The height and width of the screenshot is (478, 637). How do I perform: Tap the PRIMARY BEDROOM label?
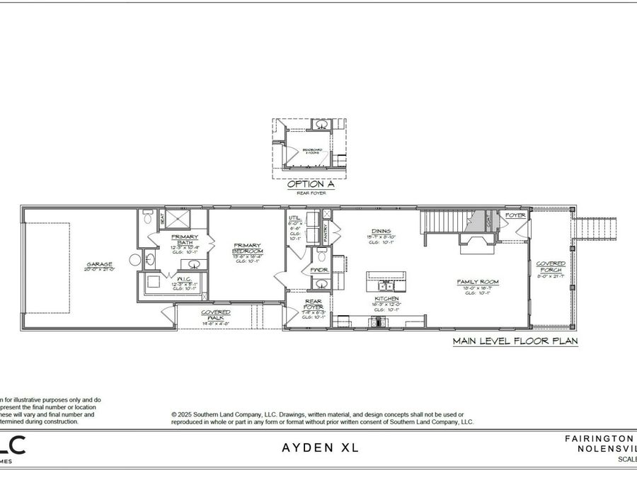click(248, 249)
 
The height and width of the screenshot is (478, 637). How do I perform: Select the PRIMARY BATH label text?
click(184, 239)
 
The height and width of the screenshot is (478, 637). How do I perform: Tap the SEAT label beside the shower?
click(161, 218)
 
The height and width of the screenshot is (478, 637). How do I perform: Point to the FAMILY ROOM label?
click(478, 282)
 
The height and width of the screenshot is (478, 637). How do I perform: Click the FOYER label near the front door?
click(515, 215)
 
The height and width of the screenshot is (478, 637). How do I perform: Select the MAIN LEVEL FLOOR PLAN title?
click(515, 341)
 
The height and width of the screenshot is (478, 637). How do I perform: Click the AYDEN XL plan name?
click(321, 448)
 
